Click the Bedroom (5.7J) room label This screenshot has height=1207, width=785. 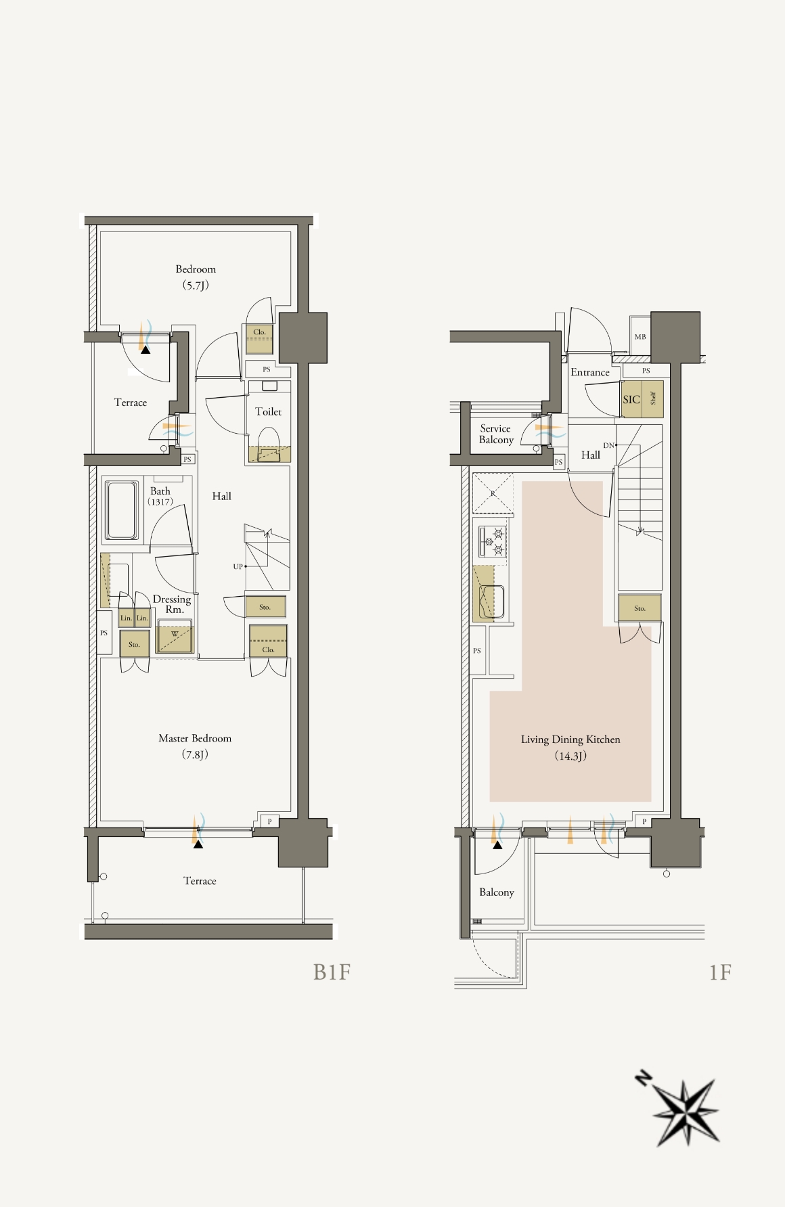196,277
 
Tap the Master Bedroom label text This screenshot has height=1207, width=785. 195,738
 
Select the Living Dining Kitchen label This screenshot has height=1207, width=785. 570,739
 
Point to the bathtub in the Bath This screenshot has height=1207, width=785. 122,510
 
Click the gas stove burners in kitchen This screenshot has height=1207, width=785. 493,541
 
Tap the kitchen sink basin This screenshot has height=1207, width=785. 492,601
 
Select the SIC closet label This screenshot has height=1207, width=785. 631,400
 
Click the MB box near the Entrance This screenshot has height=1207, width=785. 640,337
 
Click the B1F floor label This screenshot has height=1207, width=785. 332,972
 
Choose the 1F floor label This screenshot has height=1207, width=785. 720,972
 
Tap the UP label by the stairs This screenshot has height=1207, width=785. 238,567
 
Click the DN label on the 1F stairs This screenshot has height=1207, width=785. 608,445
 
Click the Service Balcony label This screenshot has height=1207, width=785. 496,434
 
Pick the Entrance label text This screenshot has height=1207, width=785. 590,372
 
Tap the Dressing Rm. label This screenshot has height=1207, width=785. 172,604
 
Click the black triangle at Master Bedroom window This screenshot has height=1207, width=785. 198,844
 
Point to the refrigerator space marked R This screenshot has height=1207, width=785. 493,494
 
